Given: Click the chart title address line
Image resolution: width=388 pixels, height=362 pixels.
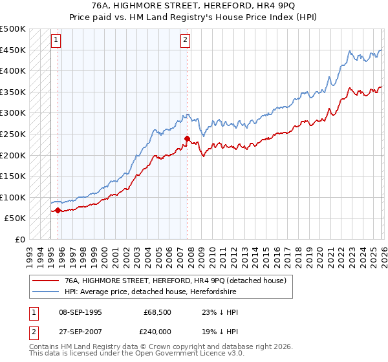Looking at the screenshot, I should pyautogui.click(x=194, y=6).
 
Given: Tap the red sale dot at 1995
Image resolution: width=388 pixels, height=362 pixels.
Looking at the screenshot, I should pyautogui.click(x=58, y=210).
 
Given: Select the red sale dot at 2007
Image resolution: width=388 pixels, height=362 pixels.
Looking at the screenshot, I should pyautogui.click(x=187, y=138).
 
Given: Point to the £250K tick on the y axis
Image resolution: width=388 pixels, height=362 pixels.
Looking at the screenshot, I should pyautogui.click(x=13, y=134).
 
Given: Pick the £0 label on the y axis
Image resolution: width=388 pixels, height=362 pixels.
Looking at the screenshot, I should pyautogui.click(x=20, y=239).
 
